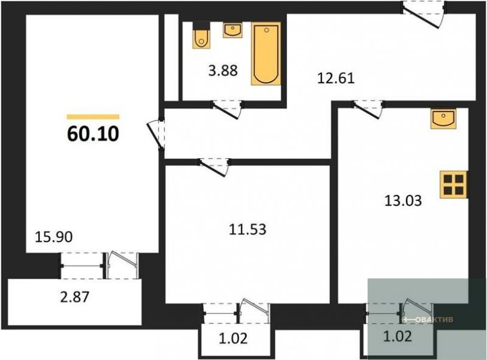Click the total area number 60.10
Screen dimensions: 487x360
coord(93,134)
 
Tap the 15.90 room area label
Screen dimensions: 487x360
coord(54,237)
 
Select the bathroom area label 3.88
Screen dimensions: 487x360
coord(223,71)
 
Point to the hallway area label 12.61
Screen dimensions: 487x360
coord(336,78)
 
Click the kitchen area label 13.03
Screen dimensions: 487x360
coord(403,200)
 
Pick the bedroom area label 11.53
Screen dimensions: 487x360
coord(248,230)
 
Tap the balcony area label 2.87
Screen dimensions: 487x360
coord(74,297)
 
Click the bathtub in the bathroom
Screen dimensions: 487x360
coord(266,54)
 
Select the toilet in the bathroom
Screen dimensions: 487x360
coord(201,35)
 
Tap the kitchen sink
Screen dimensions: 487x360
coord(443,118)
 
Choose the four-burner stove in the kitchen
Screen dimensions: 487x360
coord(454,185)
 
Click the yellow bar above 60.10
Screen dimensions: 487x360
coord(93,117)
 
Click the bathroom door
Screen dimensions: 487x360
coord(227,110)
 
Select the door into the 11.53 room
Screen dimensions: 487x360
coord(215,168)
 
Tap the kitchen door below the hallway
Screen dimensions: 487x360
coord(368,110)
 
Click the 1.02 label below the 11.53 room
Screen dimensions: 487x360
coord(234,338)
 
